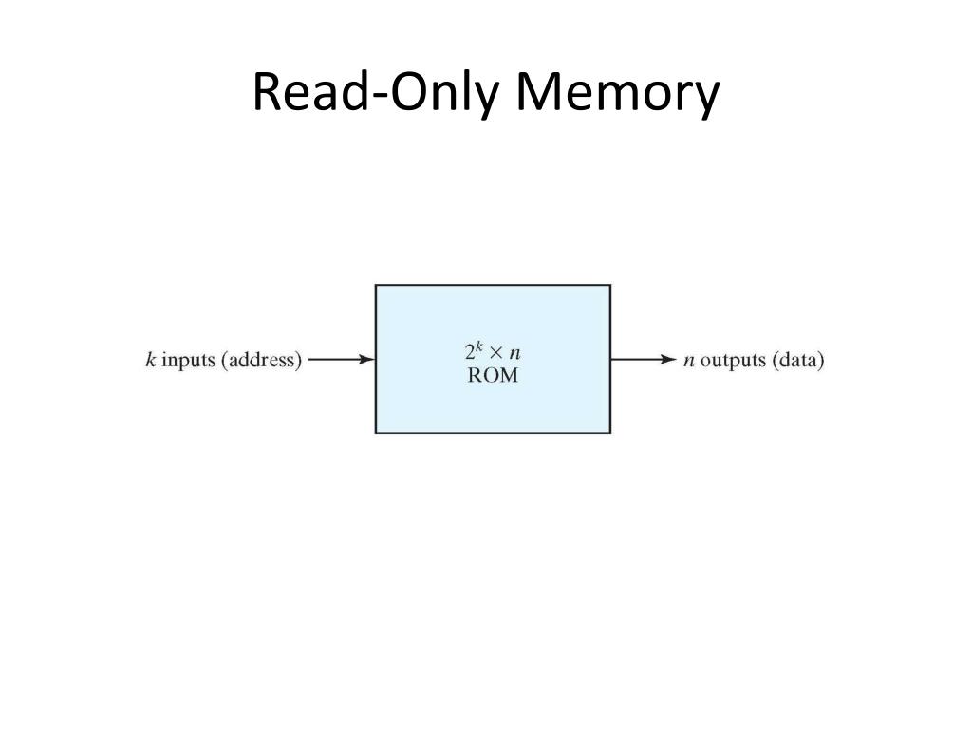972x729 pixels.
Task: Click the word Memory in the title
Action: [617, 94]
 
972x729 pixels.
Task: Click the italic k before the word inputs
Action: [150, 360]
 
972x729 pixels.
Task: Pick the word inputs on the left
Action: [188, 361]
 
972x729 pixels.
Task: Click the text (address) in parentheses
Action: [261, 361]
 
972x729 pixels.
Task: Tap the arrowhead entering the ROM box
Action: [367, 360]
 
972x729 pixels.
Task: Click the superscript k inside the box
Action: [480, 346]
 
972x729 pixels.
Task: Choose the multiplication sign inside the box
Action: [496, 353]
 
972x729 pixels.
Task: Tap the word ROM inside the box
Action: [493, 375]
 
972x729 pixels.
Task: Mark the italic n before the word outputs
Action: [689, 361]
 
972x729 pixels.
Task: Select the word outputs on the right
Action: [732, 361]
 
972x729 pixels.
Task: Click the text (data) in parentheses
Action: [797, 361]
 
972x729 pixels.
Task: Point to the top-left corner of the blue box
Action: [376, 285]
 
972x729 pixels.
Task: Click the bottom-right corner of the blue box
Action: [609, 433]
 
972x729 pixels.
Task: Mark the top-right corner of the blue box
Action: [609, 285]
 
